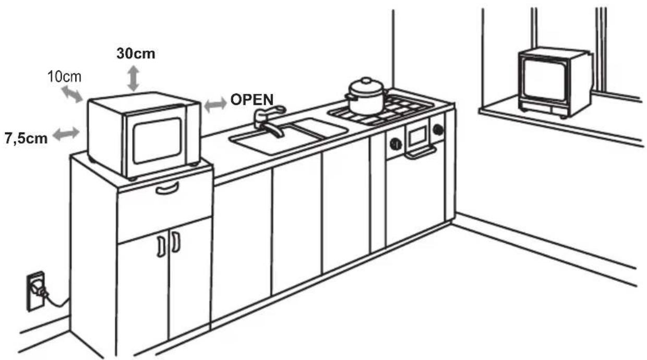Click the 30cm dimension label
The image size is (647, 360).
(x=136, y=53)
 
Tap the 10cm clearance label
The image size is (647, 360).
(x=64, y=77)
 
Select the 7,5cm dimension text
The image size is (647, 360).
(x=26, y=138)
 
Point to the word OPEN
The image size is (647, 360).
(x=252, y=100)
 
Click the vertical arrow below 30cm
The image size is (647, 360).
(x=134, y=78)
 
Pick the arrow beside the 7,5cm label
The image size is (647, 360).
(x=66, y=134)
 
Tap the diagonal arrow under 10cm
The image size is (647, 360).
(x=72, y=94)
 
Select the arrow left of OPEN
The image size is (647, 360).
(x=215, y=104)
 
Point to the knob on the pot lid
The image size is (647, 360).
(x=366, y=80)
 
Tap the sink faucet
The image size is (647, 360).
(x=269, y=121)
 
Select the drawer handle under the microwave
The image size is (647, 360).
(x=167, y=189)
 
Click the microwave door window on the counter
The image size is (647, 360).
(x=158, y=140)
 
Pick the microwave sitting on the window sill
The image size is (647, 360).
(x=555, y=82)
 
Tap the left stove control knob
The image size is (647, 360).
(x=396, y=144)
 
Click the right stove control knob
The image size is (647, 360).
(x=438, y=129)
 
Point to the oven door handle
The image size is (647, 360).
(x=420, y=152)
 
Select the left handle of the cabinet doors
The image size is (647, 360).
(x=161, y=246)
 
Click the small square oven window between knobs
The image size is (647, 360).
(x=417, y=136)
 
